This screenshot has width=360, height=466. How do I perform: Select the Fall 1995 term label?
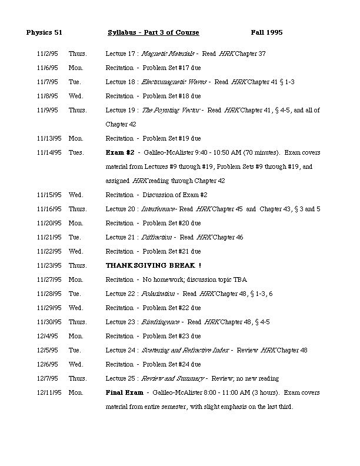point(266,32)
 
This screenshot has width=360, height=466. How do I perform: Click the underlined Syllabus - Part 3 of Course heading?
point(154,32)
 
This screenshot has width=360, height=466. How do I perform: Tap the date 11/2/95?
point(46,54)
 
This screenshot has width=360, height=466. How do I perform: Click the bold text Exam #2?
point(120,152)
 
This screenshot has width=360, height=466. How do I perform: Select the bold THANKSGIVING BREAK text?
point(154,265)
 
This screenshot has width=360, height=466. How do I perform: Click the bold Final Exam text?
point(124,392)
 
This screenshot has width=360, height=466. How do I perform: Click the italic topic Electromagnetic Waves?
point(175,82)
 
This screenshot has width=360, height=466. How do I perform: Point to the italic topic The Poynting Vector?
point(171,110)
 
